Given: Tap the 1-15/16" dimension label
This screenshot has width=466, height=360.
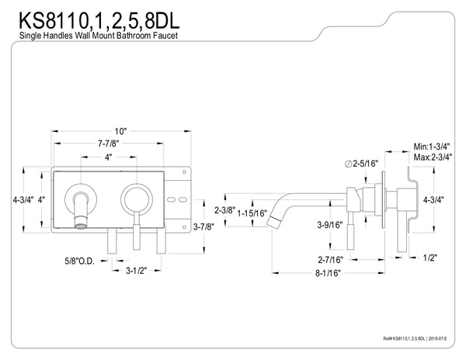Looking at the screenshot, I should click(x=252, y=212).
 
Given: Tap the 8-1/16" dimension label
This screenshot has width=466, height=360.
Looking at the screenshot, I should click(x=323, y=273).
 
